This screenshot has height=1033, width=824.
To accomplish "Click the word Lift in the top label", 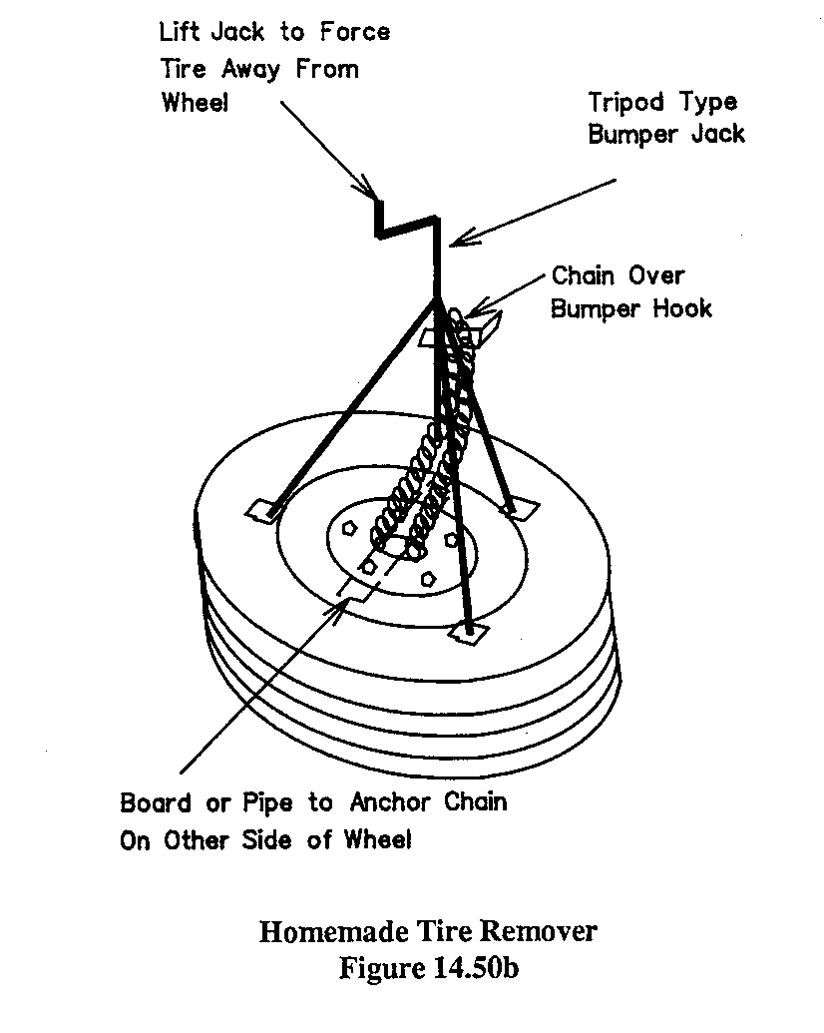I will (x=184, y=32).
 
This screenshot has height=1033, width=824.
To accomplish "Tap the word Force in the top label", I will (x=355, y=32).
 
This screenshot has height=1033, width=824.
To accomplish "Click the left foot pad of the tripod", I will (x=263, y=511).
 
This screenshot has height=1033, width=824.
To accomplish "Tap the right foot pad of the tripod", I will (x=516, y=510).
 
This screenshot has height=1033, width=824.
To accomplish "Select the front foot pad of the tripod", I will (x=467, y=630).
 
